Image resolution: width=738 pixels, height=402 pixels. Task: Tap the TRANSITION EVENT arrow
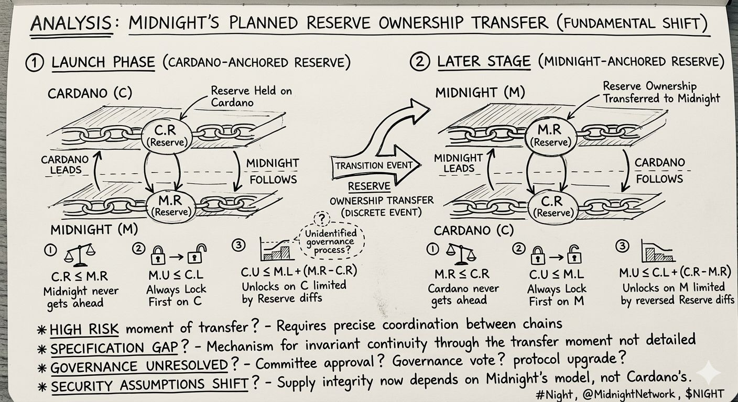[x=373, y=165]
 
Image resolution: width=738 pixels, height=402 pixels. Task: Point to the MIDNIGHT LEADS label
[x=458, y=163]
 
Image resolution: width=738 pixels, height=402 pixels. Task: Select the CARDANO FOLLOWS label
[x=659, y=170]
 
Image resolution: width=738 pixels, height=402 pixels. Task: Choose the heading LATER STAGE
[x=484, y=62]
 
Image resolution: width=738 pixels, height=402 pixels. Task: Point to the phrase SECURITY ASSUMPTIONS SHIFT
[x=149, y=384]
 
